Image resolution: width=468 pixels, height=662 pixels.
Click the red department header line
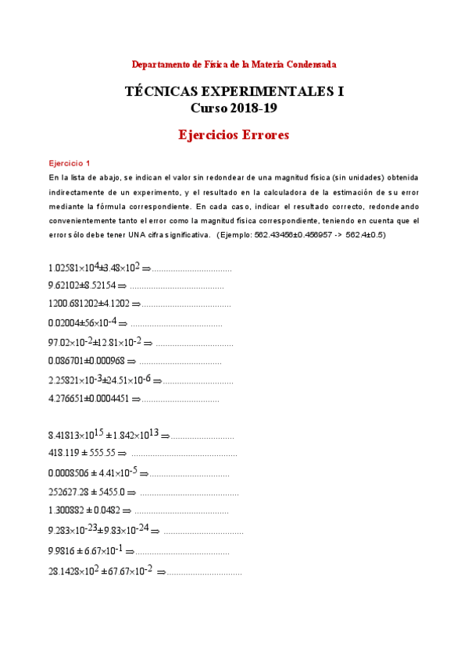click(x=234, y=64)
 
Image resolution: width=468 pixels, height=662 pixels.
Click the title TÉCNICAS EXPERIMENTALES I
click(x=234, y=91)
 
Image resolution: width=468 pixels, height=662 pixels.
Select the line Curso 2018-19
click(x=234, y=109)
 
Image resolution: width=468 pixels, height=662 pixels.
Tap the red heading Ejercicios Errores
click(x=234, y=135)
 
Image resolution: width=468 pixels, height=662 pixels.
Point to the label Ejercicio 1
click(x=70, y=163)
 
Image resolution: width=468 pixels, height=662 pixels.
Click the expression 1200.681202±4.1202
click(x=89, y=304)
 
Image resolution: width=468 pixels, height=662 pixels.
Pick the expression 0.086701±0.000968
click(x=86, y=361)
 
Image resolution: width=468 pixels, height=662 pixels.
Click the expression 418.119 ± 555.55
click(x=81, y=452)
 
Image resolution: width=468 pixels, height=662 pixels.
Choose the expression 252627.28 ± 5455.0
click(x=86, y=493)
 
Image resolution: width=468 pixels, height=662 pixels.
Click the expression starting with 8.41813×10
click(x=103, y=435)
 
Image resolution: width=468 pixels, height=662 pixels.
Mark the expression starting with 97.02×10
click(x=95, y=343)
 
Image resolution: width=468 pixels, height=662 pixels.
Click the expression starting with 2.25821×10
click(x=99, y=381)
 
